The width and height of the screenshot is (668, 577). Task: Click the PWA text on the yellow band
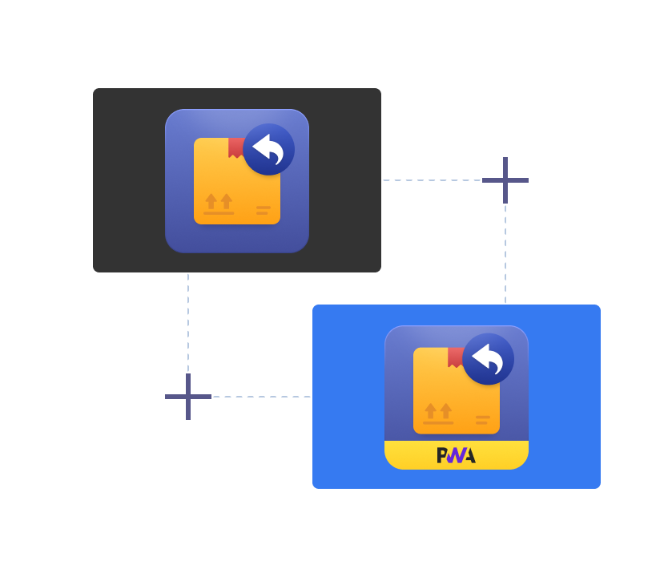pos(457,455)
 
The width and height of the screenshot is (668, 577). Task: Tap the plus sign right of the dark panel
pos(505,180)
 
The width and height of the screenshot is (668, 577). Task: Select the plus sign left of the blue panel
pos(188,397)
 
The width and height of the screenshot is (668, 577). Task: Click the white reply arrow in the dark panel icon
pos(268,149)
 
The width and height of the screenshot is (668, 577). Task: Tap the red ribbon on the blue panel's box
pos(456,357)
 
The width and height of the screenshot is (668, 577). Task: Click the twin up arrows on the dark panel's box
pos(219,201)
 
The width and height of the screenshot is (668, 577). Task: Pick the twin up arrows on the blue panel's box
pos(438,411)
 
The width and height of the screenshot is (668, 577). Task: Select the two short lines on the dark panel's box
pos(264,211)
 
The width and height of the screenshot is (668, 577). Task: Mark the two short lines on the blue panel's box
pos(483,420)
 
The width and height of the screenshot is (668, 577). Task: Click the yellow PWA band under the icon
pos(457,455)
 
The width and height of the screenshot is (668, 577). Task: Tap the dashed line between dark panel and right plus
pos(432,180)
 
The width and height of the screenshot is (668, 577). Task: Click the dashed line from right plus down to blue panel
pos(505,254)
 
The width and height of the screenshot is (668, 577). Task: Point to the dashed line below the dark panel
pos(188,323)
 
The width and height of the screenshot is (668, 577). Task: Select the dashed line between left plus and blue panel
pos(262,397)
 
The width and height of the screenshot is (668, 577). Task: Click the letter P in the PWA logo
pos(442,455)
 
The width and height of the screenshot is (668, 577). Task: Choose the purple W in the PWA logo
pos(456,456)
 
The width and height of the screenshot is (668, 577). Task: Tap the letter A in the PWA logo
pos(470,456)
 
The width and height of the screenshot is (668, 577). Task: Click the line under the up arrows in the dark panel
pos(219,213)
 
